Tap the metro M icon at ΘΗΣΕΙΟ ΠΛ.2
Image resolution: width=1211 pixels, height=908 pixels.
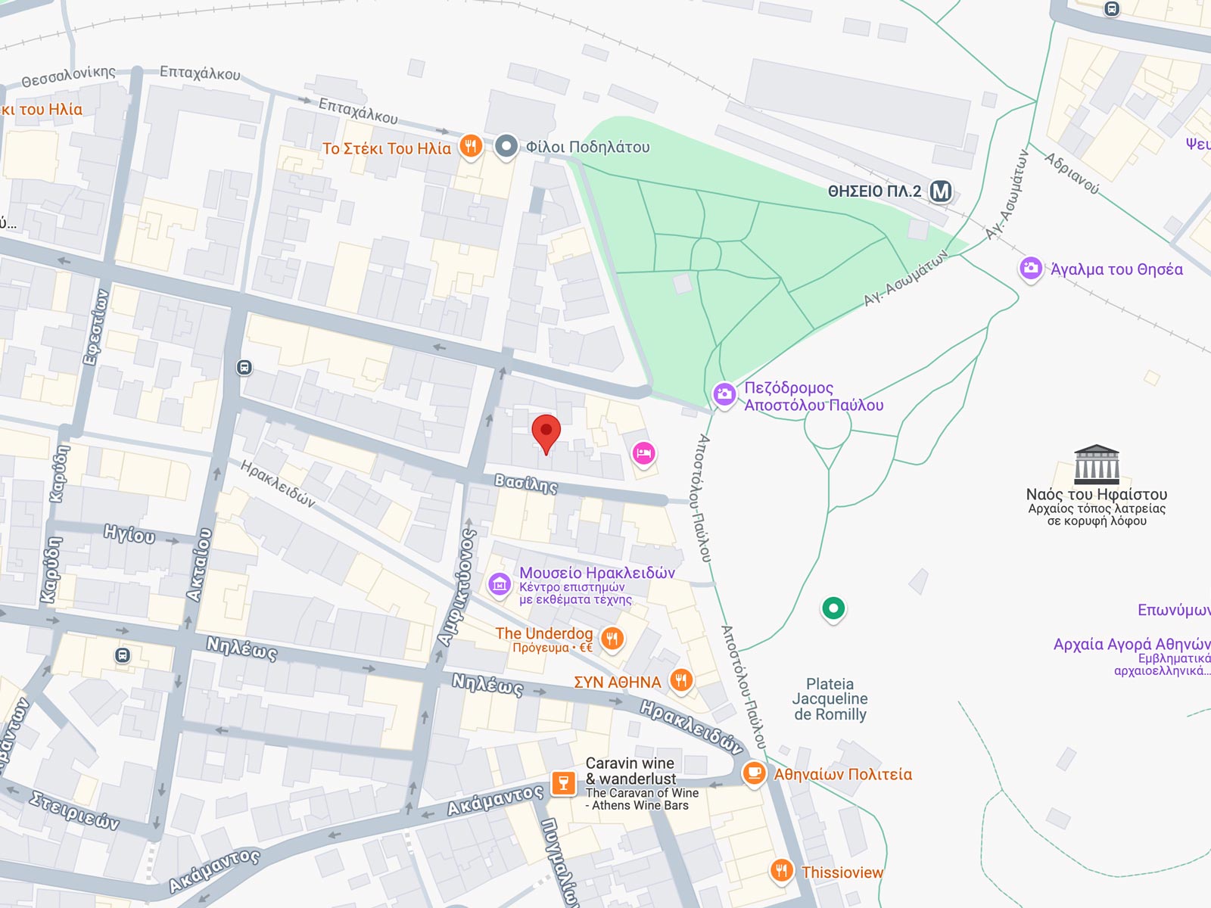pos(941,191)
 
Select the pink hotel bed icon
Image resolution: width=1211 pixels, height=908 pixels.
pos(643,454)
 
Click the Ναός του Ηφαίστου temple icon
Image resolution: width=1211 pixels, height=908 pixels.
pos(1096,465)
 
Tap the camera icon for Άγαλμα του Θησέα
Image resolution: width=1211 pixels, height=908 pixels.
pos(1030,269)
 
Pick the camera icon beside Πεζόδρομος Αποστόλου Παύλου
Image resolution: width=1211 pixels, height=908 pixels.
pos(724,394)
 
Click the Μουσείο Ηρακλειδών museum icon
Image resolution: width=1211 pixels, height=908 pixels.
pos(500,584)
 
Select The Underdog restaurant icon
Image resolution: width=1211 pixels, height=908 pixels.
pos(612,639)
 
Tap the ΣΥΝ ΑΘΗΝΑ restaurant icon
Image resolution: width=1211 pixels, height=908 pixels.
pos(681,680)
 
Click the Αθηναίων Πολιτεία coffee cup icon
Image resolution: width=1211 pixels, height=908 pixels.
pos(754,773)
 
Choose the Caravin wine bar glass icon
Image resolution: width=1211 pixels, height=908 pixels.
pos(563,783)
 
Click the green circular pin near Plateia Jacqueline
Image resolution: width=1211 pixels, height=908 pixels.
pos(833,608)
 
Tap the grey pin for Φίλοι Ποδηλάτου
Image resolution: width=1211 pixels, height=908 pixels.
pos(506,146)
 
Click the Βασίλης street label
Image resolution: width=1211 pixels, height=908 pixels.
pos(526,484)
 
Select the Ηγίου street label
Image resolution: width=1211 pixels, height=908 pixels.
pos(129,534)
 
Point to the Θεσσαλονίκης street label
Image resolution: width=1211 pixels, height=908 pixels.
pos(68,76)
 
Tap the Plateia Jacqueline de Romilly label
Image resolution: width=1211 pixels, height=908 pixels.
pos(830,699)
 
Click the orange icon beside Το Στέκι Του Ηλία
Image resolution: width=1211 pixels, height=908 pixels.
pos(471,146)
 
